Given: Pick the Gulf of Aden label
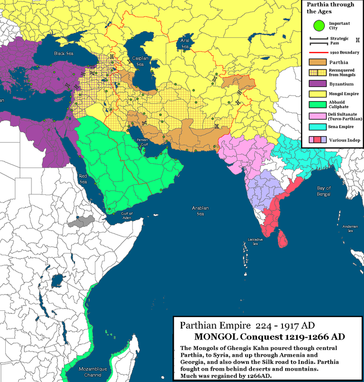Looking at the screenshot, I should [127, 215].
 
